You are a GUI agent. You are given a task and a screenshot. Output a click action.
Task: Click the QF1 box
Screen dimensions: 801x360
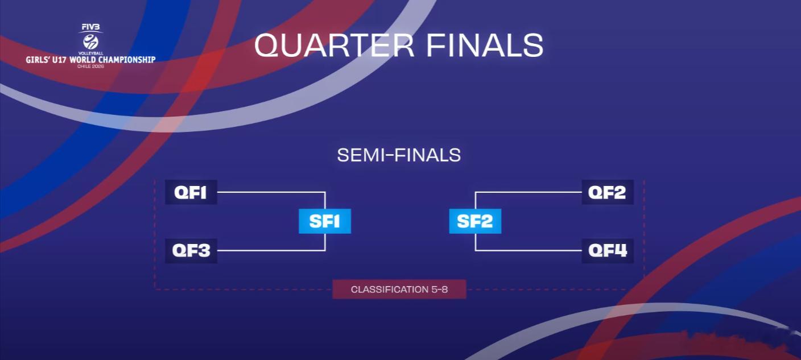pyautogui.click(x=191, y=192)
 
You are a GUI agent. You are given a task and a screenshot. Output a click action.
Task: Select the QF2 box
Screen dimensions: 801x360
pyautogui.click(x=608, y=192)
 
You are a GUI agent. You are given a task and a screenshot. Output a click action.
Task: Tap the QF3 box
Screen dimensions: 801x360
pyautogui.click(x=191, y=251)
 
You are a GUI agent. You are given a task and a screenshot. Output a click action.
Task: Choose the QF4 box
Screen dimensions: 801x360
pyautogui.click(x=608, y=251)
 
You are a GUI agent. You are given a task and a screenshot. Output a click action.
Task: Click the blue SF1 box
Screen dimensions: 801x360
pyautogui.click(x=325, y=221)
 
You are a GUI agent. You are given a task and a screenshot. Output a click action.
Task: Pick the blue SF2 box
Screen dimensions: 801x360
pyautogui.click(x=475, y=221)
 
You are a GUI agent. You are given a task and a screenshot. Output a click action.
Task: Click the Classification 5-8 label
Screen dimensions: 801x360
pyautogui.click(x=399, y=289)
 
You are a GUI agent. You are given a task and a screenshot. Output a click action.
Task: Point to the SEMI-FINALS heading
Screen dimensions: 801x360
pyautogui.click(x=399, y=155)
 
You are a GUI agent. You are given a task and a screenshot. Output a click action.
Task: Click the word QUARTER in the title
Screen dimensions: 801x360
pyautogui.click(x=334, y=45)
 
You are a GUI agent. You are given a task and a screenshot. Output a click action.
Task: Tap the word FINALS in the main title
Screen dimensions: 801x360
pyautogui.click(x=485, y=45)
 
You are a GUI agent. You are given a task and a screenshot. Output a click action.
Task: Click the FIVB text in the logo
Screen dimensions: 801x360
pyautogui.click(x=90, y=27)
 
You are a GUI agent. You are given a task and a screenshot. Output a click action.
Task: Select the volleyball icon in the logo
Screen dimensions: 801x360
pyautogui.click(x=90, y=42)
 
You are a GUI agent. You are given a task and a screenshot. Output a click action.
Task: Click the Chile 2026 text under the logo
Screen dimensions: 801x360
pyautogui.click(x=90, y=67)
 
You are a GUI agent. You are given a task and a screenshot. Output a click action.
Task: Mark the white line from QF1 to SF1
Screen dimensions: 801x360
pyautogui.click(x=271, y=192)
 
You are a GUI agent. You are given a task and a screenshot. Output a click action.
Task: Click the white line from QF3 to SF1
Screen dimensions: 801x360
pyautogui.click(x=271, y=251)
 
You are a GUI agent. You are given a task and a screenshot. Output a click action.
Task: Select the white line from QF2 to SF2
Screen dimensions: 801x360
pyautogui.click(x=529, y=192)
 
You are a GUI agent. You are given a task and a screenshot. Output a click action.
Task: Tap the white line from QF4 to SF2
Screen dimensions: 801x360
pyautogui.click(x=529, y=251)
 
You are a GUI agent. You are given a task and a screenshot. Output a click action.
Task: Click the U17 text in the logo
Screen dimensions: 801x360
pyautogui.click(x=59, y=60)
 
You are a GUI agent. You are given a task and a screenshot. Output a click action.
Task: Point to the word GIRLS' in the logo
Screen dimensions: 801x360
pyautogui.click(x=38, y=60)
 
